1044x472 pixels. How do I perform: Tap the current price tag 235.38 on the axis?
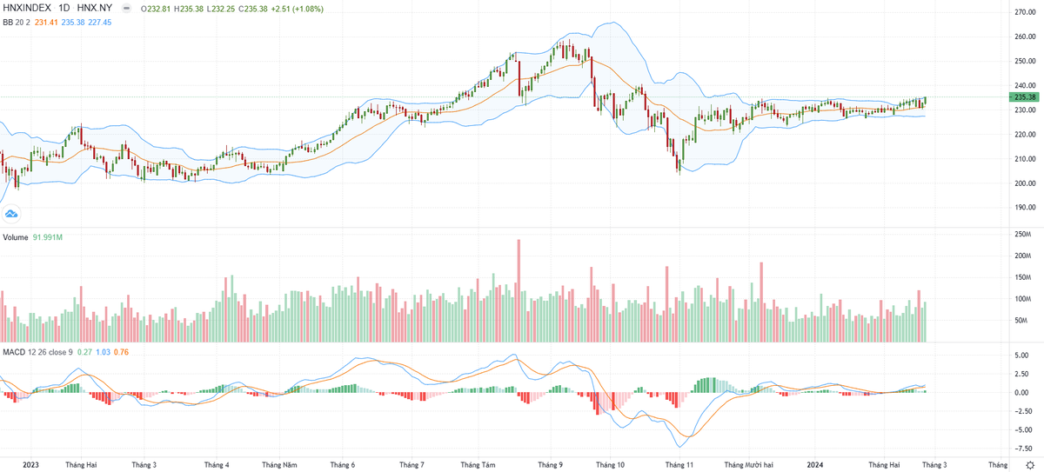pyautogui.click(x=1023, y=97)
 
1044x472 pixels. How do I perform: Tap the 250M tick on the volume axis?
pyautogui.click(x=1021, y=235)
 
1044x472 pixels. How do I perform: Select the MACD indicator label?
pyautogui.click(x=13, y=351)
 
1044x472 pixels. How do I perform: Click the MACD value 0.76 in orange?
pyautogui.click(x=121, y=351)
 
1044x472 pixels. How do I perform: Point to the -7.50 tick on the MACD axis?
pyautogui.click(x=1022, y=449)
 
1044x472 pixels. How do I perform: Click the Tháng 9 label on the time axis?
pyautogui.click(x=549, y=465)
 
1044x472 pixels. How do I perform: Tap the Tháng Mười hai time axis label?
pyautogui.click(x=748, y=465)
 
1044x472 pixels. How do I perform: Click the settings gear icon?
pyautogui.click(x=1030, y=465)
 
